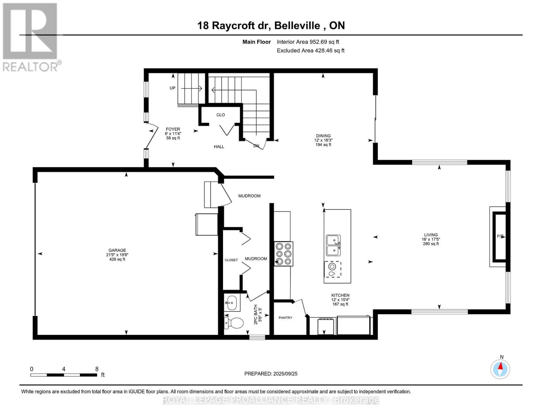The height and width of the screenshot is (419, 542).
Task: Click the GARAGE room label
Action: pos(117,250)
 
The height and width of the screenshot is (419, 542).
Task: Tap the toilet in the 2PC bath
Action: pos(234,323)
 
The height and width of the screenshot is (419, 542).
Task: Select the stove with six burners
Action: pos(283,254)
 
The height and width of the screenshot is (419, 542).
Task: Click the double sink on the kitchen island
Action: pos(333,245)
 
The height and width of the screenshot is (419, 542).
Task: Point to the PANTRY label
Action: pos(285,318)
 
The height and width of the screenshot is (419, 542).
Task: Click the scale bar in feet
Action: pos(64,375)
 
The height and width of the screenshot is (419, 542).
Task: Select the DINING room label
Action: pos(323,136)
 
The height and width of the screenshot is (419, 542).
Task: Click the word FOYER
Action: pos(173,129)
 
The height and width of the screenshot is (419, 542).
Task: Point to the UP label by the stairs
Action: pos(172,88)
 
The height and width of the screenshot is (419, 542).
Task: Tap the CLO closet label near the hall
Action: pos(221,115)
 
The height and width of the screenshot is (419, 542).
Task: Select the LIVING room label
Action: pos(431,235)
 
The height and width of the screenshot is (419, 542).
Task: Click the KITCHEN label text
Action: pos(340,295)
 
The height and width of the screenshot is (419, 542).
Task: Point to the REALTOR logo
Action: pos(31,37)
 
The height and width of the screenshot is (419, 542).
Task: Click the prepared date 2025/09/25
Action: pos(271,374)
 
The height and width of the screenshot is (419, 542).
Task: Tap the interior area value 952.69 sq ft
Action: pos(308,42)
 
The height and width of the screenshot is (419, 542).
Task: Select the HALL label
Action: pos(219,147)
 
